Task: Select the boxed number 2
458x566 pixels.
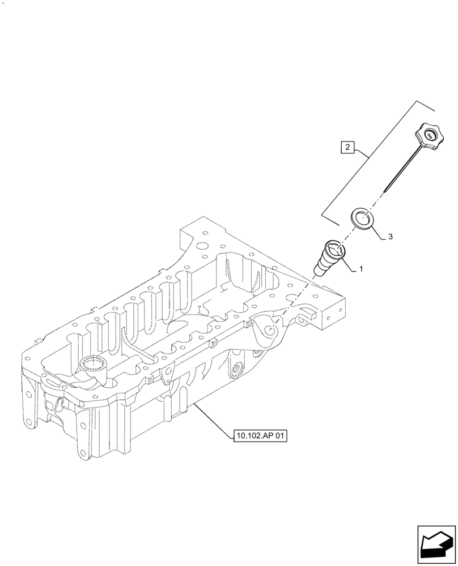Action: [x=347, y=149]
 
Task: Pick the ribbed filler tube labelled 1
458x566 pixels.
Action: [x=329, y=258]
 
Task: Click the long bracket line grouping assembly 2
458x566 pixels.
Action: [x=370, y=157]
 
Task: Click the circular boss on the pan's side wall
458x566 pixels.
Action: [x=234, y=371]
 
